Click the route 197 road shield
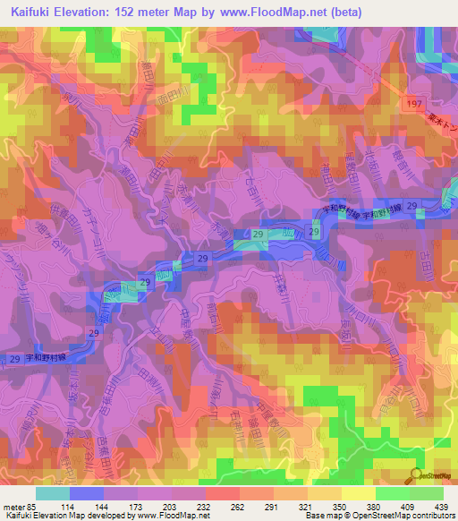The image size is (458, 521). tap(411, 106)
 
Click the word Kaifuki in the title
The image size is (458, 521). tap(28, 10)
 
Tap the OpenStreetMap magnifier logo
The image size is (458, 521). tap(418, 476)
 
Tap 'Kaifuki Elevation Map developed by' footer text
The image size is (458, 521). tap(68, 516)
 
